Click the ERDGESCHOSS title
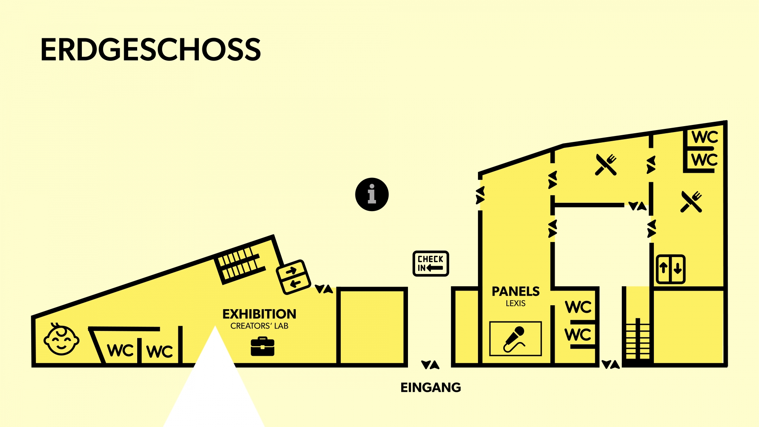[150, 50]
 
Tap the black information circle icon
[372, 195]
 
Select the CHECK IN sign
[430, 263]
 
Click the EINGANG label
[430, 387]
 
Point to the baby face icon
[61, 340]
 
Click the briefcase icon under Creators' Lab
[262, 346]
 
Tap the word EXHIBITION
[259, 314]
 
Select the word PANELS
[515, 291]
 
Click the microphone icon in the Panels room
[515, 339]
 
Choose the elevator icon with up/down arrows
[670, 269]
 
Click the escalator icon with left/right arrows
[293, 277]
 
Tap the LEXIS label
[515, 303]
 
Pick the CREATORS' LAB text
[259, 326]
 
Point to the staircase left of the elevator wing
[637, 339]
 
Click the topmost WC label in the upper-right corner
[704, 137]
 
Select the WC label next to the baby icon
[120, 350]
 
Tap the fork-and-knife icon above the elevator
[691, 202]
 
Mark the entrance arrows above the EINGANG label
[430, 365]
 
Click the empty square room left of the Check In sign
[372, 326]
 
